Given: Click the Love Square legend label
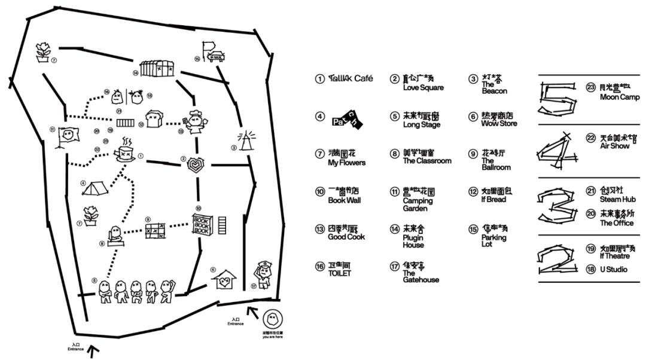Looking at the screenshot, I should (423, 87).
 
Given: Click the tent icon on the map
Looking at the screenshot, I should (94, 188).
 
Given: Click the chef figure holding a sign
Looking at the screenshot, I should (195, 121).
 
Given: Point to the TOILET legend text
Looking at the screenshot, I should (339, 273).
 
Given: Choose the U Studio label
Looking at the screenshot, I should (613, 270).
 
